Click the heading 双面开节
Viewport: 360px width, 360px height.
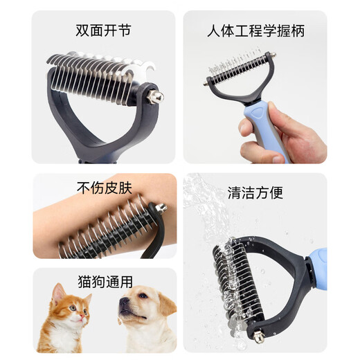tap(103, 31)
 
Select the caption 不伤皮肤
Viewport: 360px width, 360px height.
tap(103, 188)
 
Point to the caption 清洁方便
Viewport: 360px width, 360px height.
tap(255, 192)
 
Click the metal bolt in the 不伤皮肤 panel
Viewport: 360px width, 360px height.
tap(161, 208)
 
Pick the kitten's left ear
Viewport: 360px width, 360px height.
tap(57, 292)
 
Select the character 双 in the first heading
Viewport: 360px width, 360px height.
tap(82, 31)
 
